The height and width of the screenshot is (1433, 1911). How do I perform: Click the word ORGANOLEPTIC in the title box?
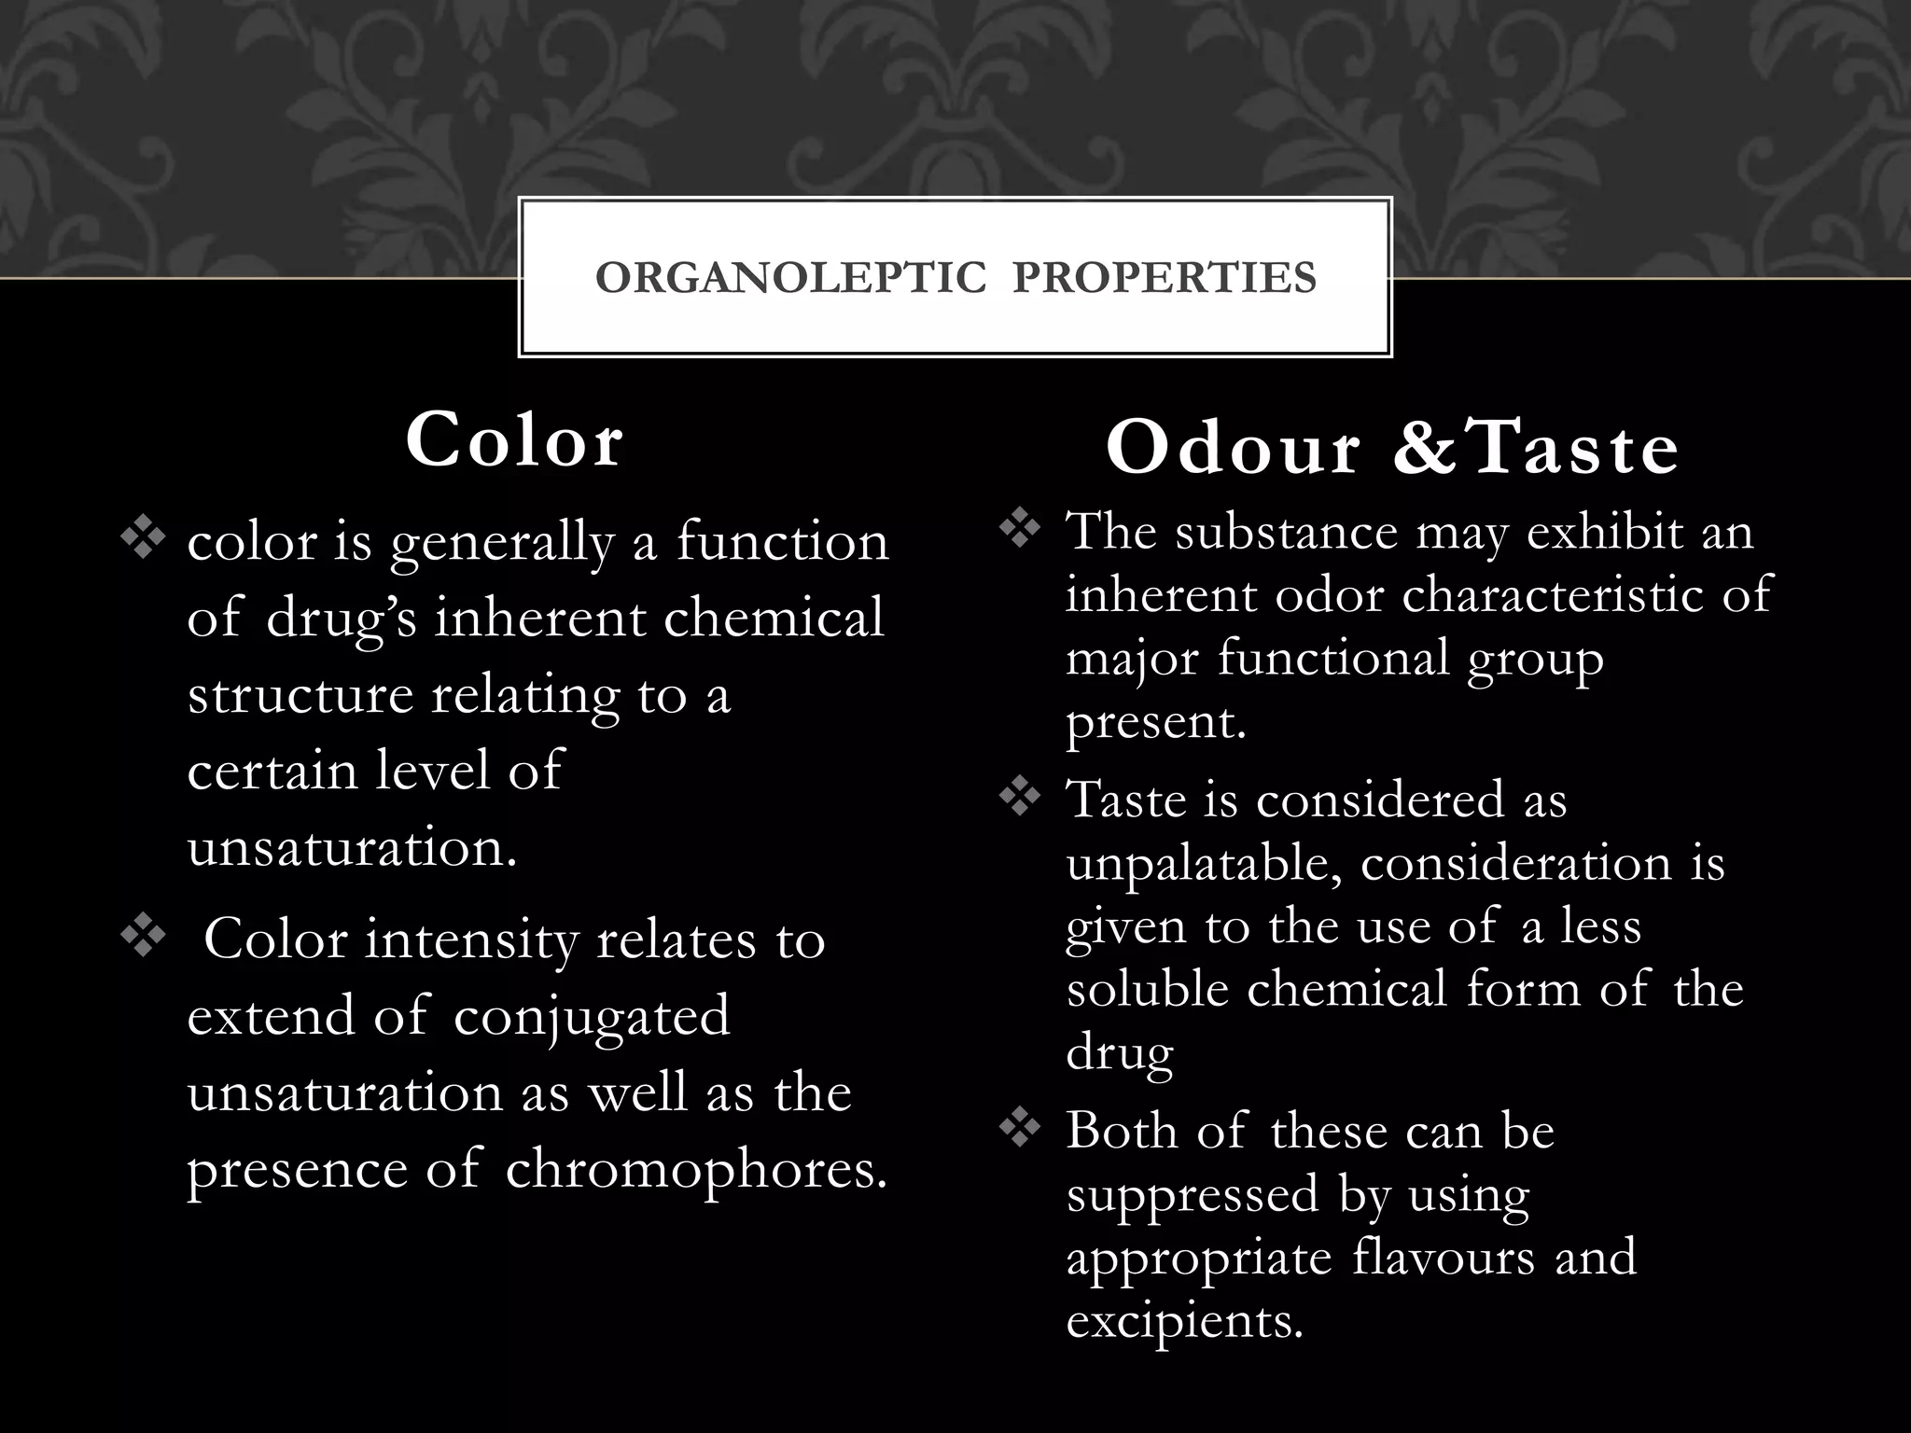790,278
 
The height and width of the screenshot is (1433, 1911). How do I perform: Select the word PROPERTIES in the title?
1165,278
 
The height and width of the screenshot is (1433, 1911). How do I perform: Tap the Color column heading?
514,440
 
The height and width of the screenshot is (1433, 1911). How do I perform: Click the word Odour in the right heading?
1233,449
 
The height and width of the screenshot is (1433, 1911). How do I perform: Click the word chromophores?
695,1168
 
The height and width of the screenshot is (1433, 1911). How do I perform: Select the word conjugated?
592,1017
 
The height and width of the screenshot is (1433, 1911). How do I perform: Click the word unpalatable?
1204,864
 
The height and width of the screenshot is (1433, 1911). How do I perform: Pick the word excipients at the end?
1184,1321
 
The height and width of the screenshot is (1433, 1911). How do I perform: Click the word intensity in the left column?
471,939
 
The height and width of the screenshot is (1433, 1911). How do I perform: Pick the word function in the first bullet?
782,541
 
